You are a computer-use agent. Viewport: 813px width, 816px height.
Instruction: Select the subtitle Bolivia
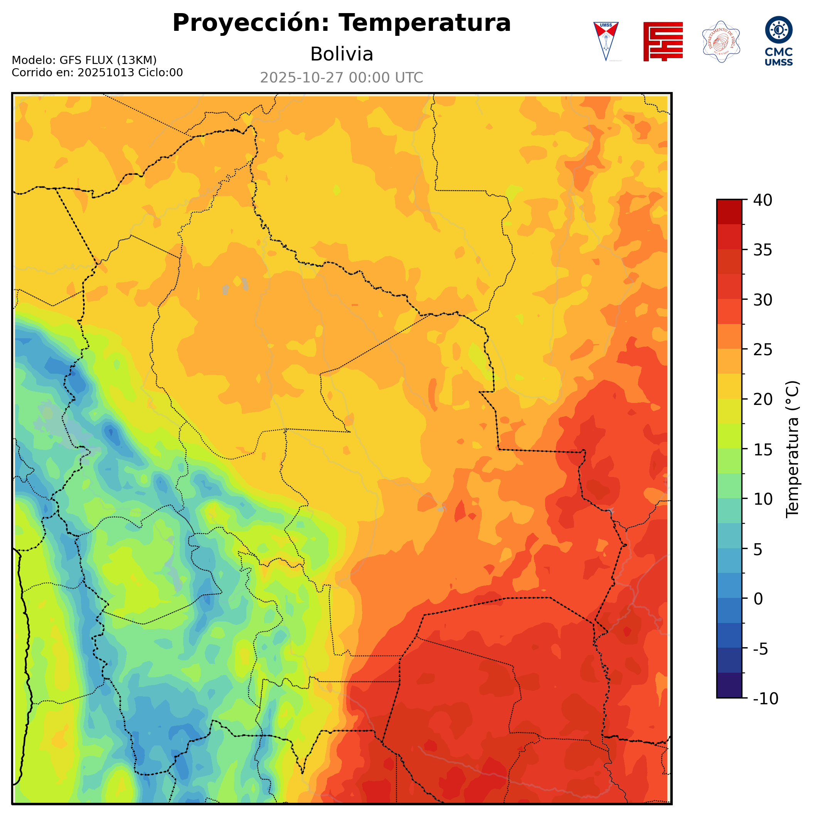point(342,54)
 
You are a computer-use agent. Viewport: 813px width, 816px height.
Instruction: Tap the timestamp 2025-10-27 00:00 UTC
point(342,78)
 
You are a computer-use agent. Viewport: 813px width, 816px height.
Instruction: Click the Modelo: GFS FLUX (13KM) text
point(84,60)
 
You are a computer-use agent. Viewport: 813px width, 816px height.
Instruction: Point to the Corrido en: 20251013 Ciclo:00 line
point(97,73)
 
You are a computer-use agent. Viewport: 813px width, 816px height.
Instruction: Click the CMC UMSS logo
point(778,40)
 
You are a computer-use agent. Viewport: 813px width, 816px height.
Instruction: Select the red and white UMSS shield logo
point(606,41)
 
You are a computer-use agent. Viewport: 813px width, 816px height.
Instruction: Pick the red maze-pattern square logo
point(663,41)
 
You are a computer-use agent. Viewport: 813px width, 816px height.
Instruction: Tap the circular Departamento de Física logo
point(721,41)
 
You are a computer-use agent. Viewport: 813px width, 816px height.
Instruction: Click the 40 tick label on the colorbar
point(763,200)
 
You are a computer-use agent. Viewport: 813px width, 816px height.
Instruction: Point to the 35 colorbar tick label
point(763,250)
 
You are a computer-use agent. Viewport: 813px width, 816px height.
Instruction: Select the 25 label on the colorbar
point(763,350)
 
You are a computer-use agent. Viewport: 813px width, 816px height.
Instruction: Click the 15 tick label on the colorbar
point(763,449)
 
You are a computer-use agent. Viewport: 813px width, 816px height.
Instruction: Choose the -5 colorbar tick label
point(761,649)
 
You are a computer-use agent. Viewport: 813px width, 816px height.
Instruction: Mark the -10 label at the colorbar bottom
point(765,698)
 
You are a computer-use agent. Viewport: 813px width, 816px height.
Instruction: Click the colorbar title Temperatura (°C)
point(793,449)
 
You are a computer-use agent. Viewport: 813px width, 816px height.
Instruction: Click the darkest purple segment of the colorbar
point(729,686)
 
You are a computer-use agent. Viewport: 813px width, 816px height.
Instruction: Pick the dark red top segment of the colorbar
point(729,212)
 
